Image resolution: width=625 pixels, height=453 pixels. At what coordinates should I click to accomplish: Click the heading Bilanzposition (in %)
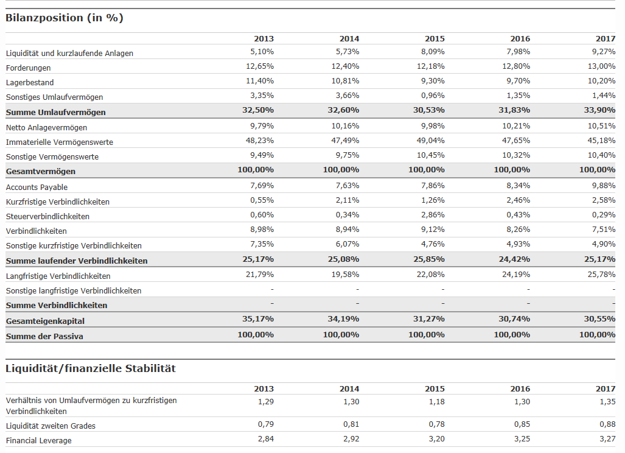(x=64, y=18)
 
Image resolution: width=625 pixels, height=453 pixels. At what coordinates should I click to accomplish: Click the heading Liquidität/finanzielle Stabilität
(x=91, y=368)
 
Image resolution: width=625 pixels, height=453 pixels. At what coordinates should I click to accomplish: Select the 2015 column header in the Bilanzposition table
(x=435, y=39)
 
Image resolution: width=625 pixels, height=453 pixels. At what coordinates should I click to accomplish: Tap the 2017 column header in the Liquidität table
(x=606, y=389)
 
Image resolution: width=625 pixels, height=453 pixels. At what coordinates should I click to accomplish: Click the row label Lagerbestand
(x=30, y=83)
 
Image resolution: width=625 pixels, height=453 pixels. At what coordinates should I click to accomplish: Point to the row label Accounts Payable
(x=37, y=187)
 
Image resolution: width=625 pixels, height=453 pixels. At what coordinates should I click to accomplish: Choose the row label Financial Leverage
(x=39, y=441)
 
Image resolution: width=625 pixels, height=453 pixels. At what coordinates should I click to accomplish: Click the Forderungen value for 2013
(x=260, y=66)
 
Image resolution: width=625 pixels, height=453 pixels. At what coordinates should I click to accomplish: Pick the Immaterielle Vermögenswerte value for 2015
(x=430, y=141)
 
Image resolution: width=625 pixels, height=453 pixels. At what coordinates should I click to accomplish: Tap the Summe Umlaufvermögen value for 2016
(x=514, y=110)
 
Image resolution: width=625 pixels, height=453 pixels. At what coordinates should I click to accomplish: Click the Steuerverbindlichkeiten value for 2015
(x=433, y=214)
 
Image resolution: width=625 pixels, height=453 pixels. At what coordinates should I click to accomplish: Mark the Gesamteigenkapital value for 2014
(x=343, y=319)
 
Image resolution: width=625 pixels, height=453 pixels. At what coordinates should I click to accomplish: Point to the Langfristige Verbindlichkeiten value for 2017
(x=601, y=275)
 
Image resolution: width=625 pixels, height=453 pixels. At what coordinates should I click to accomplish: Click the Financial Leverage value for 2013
(x=266, y=439)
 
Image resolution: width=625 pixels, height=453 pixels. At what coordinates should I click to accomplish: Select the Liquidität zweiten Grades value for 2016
(x=522, y=424)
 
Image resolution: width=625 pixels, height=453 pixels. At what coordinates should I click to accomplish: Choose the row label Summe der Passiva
(x=44, y=337)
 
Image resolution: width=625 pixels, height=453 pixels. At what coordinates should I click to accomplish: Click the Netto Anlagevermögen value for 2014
(x=345, y=126)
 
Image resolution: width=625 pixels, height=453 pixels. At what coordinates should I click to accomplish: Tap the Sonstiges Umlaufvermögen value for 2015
(x=433, y=96)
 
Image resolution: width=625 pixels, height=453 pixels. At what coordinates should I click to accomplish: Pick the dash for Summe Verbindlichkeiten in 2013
(x=272, y=303)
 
